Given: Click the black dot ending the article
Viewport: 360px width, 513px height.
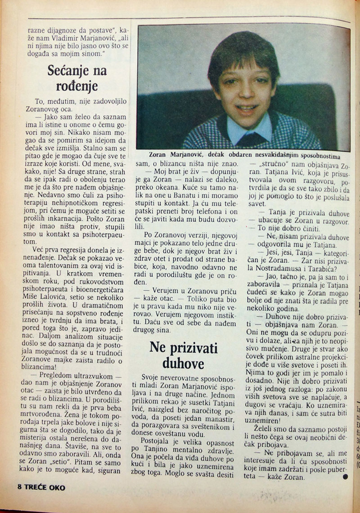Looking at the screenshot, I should [347, 476].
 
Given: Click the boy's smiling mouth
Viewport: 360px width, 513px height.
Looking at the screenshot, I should [248, 107].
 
